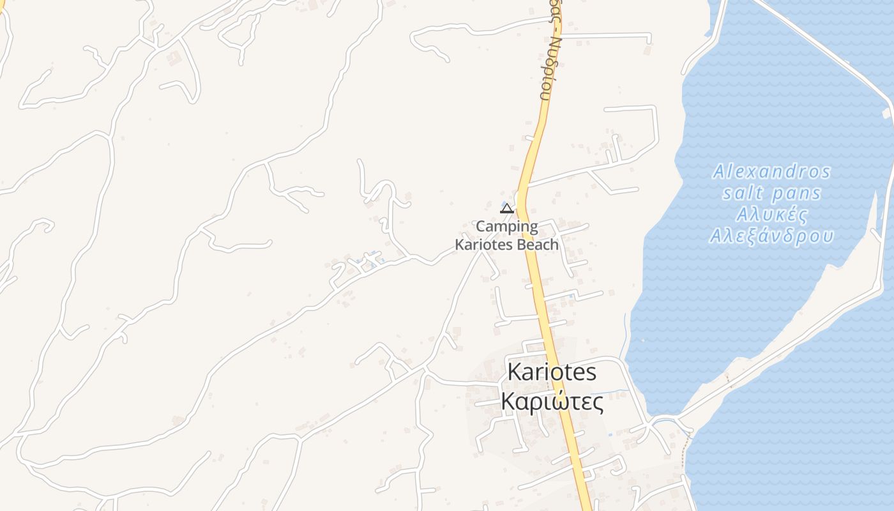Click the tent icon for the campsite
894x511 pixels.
[507, 209]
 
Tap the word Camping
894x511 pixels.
[507, 227]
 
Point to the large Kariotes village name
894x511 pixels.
[552, 372]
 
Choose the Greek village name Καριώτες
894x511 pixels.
[552, 402]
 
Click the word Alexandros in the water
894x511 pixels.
[771, 172]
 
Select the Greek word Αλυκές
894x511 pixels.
[771, 214]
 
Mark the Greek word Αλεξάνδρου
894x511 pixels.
[771, 236]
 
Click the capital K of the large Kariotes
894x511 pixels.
[515, 372]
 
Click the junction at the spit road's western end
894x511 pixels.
[653, 422]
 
